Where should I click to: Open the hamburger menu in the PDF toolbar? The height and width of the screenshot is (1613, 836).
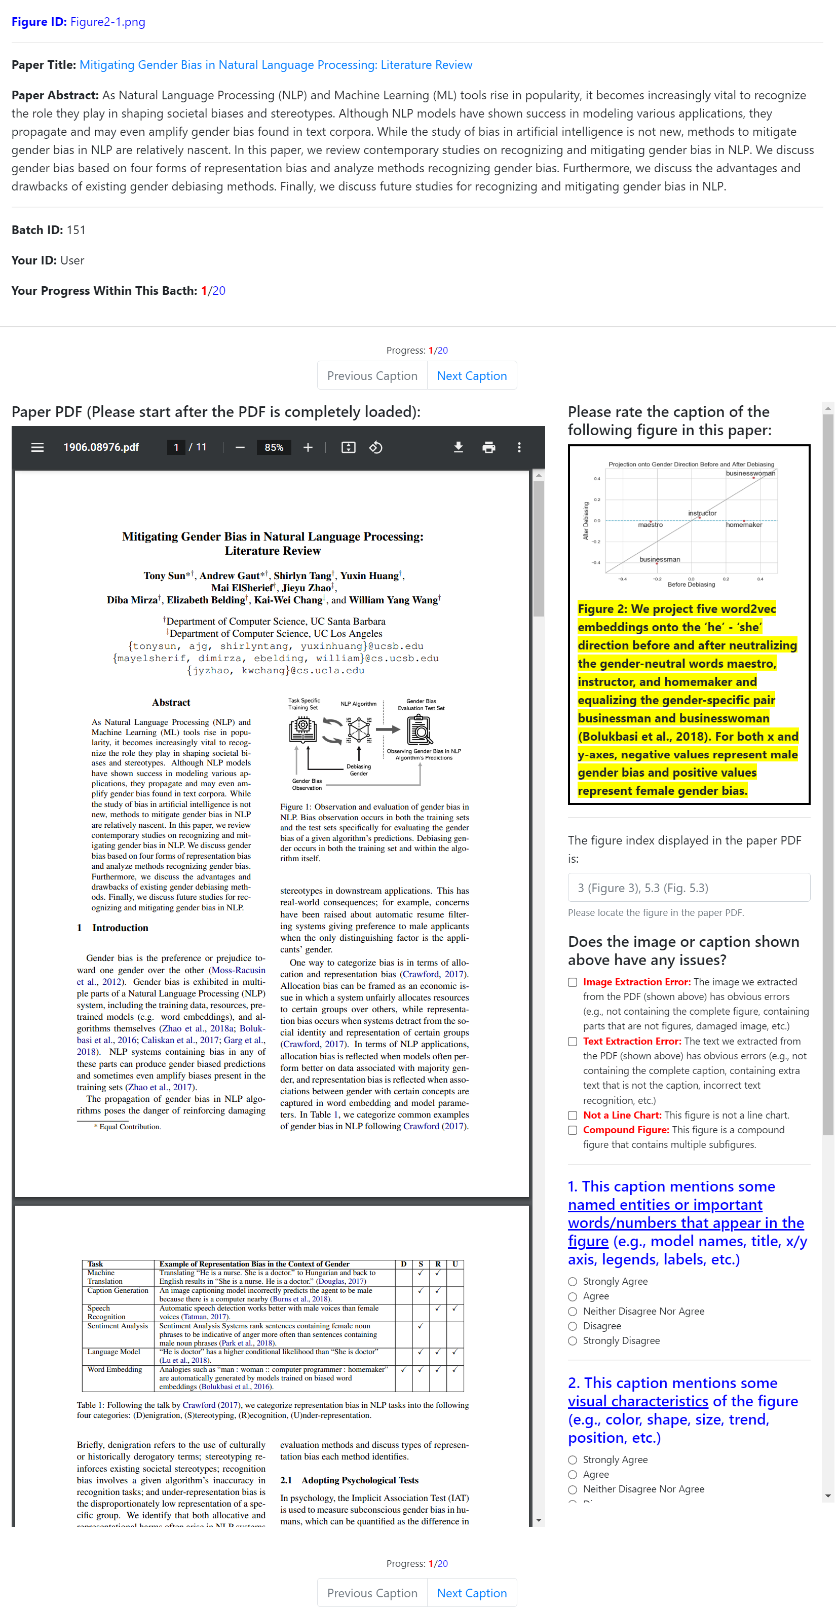pos(37,447)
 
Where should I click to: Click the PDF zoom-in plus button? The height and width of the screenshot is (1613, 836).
pos(308,447)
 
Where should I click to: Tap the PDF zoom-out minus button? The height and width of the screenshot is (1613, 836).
pos(240,447)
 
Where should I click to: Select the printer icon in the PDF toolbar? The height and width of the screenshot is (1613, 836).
pos(488,447)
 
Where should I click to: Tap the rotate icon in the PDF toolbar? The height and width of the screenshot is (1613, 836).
pos(376,447)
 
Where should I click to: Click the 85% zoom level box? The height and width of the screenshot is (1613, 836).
pos(274,447)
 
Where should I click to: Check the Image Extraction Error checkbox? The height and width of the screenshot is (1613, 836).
pos(573,982)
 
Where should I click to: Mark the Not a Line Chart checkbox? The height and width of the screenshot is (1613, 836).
pos(573,1115)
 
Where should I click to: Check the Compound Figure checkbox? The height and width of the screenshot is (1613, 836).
pos(573,1130)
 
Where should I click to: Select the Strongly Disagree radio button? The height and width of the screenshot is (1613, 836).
pos(573,1340)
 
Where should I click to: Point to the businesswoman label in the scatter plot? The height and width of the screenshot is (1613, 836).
pos(750,473)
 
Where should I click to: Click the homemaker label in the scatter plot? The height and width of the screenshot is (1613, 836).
pos(744,525)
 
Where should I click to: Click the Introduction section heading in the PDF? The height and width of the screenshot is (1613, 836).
pos(120,928)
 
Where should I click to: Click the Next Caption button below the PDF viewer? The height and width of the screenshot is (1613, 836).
pos(472,1592)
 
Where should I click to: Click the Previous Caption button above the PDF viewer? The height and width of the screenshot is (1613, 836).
pos(372,376)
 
